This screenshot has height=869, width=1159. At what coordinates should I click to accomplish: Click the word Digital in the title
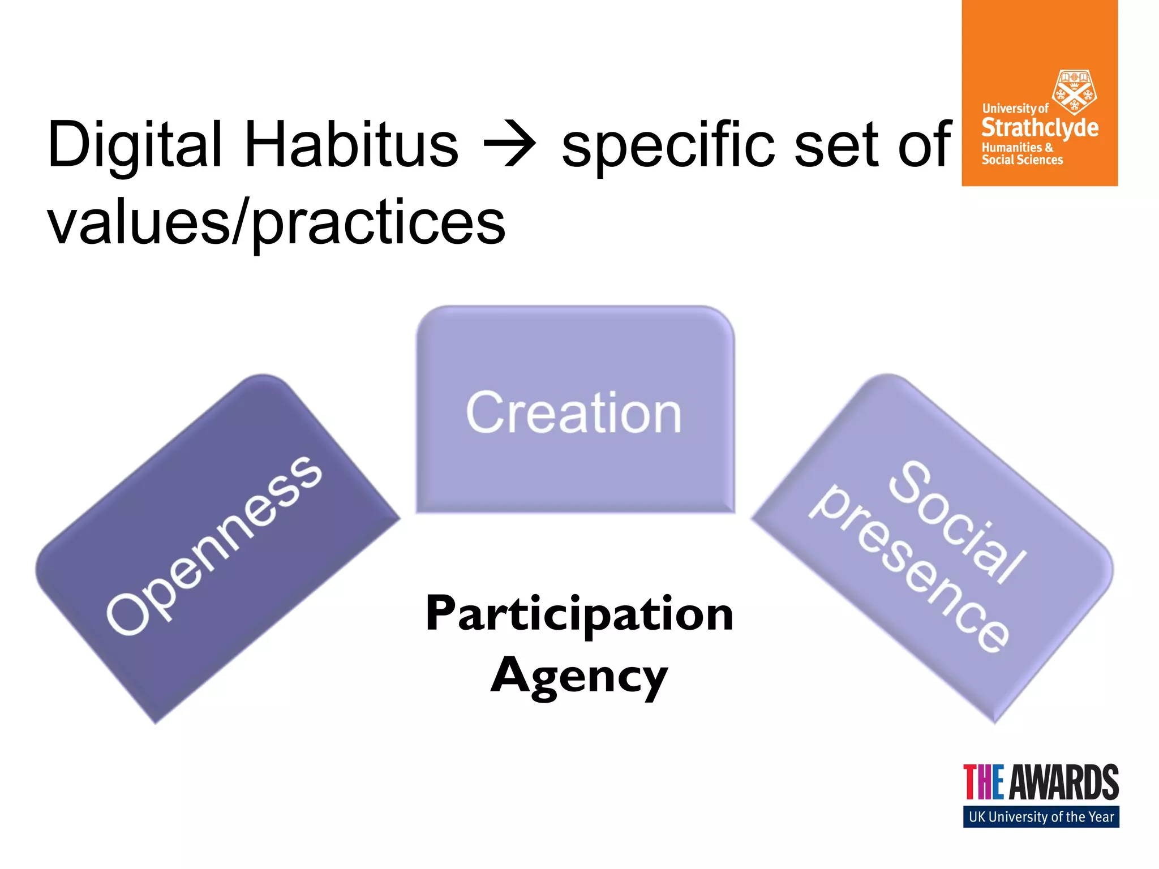pyautogui.click(x=135, y=145)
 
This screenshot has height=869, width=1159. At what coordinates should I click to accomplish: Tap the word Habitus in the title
pyautogui.click(x=350, y=145)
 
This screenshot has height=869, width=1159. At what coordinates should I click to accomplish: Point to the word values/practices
pyautogui.click(x=276, y=223)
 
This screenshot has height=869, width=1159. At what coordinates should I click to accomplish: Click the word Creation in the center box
pyautogui.click(x=574, y=413)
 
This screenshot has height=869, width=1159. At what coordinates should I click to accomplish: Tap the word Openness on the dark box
pyautogui.click(x=214, y=545)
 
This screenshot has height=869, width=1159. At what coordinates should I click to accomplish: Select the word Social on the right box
pyautogui.click(x=957, y=523)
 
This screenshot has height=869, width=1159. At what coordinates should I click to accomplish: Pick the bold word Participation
pyautogui.click(x=579, y=613)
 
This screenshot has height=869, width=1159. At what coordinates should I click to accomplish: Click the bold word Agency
pyautogui.click(x=579, y=676)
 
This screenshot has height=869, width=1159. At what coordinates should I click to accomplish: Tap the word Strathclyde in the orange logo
pyautogui.click(x=1040, y=128)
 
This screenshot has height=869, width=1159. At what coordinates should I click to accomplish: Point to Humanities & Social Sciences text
pyautogui.click(x=1021, y=154)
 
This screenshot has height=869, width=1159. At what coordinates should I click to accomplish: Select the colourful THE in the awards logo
pyautogui.click(x=984, y=782)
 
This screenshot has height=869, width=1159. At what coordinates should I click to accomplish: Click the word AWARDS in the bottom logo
pyautogui.click(x=1064, y=782)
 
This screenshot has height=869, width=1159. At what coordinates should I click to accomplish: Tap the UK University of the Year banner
pyautogui.click(x=1041, y=817)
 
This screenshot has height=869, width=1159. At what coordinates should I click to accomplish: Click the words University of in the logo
pyautogui.click(x=1015, y=108)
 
